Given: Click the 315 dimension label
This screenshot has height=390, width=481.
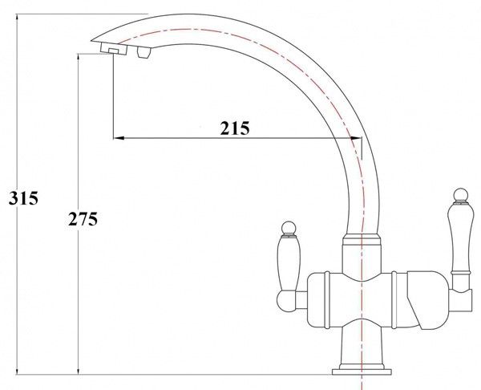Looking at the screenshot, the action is [23, 198].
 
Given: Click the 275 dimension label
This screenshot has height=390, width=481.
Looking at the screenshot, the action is [83, 219].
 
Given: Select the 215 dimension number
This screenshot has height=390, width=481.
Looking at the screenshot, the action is [235, 128].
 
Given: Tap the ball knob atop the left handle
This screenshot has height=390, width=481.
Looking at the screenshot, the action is [289, 228].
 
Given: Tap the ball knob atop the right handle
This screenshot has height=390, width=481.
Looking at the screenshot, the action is [461, 195].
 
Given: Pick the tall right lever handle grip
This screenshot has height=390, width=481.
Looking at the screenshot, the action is [459, 238].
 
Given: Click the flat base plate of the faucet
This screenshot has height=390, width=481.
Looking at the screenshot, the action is [362, 372].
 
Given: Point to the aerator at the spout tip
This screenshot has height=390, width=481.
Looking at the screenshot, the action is [114, 49].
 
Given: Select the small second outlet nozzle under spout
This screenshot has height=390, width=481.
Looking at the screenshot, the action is [144, 52].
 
